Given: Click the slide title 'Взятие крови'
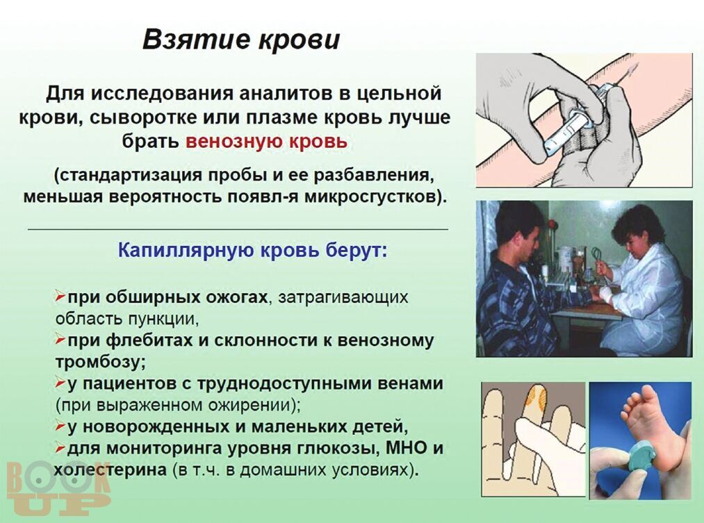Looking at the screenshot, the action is point(241,40).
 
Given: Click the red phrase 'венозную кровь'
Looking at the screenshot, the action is point(267,141).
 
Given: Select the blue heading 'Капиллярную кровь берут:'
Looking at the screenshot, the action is point(252,250).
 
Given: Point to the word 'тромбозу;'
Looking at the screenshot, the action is point(101,362).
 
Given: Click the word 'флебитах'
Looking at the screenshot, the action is point(149,340).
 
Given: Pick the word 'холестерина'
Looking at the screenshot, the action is point(110,470).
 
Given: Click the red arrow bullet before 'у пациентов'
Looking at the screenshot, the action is point(60,383).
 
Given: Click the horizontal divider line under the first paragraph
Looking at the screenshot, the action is point(238,229).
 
